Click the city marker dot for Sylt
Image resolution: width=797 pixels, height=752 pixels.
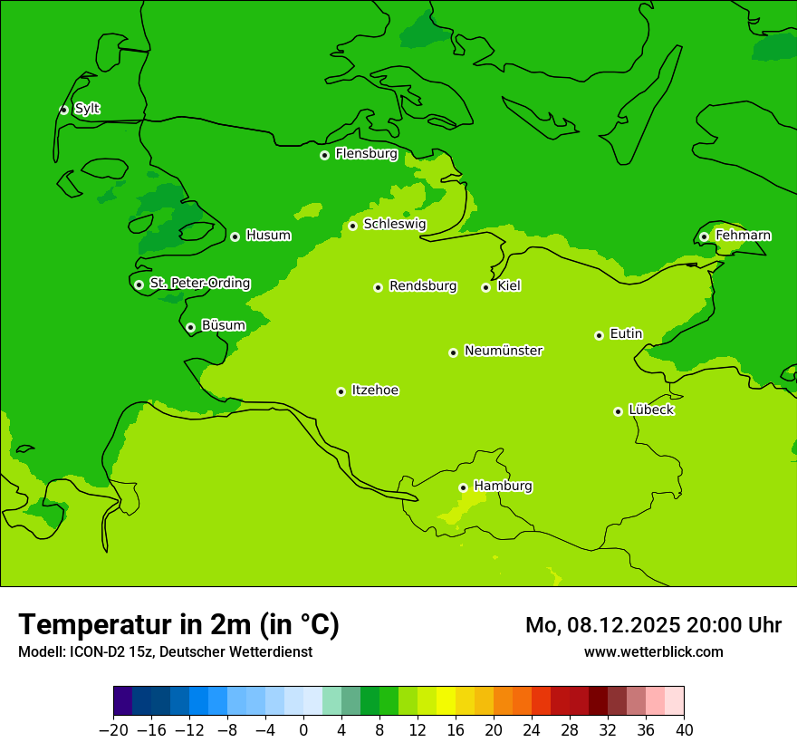click(x=63, y=110)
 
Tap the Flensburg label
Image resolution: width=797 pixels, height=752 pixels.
click(x=366, y=154)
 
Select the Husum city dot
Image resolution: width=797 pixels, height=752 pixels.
click(x=235, y=236)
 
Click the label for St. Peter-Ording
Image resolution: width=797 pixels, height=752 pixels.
click(x=199, y=284)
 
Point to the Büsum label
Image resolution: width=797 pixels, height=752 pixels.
click(x=223, y=325)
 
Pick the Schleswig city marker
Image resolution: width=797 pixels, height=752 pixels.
click(x=352, y=226)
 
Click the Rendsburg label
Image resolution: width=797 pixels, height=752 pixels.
click(x=423, y=286)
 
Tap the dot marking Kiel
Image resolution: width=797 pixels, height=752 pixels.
click(x=485, y=287)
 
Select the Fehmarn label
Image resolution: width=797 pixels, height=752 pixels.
click(x=743, y=236)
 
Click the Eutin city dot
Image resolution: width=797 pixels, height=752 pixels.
click(x=599, y=335)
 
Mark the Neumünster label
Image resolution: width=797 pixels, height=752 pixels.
click(x=504, y=351)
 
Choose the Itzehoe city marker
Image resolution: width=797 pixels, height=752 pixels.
click(x=341, y=391)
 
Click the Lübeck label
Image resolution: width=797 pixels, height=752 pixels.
click(x=651, y=410)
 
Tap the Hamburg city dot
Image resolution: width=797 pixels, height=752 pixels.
click(x=463, y=487)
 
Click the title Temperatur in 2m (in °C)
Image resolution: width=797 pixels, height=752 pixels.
click(x=178, y=625)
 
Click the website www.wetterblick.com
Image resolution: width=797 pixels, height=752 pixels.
click(x=653, y=652)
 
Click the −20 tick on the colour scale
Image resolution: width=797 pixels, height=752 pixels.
click(x=113, y=730)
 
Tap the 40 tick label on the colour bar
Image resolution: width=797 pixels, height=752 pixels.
click(x=684, y=730)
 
